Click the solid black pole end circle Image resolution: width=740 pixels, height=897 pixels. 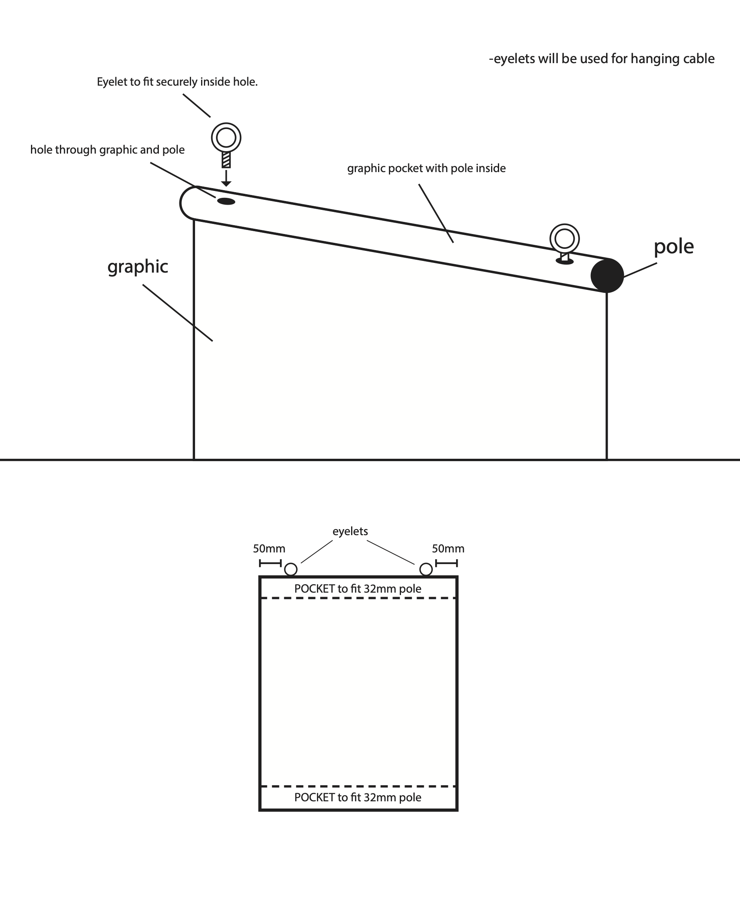click(607, 275)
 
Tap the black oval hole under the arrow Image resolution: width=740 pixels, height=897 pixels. click(226, 201)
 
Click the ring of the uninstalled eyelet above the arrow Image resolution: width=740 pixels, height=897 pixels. click(226, 127)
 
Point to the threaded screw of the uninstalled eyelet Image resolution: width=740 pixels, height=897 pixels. click(226, 160)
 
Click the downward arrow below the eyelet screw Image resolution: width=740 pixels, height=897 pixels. click(226, 178)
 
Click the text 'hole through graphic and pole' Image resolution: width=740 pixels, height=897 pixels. click(107, 150)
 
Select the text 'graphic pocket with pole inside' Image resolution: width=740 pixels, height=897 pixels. click(426, 168)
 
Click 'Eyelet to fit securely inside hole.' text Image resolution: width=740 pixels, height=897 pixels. click(177, 82)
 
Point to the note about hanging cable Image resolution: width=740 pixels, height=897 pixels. click(602, 59)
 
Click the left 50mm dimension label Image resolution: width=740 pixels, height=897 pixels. click(269, 548)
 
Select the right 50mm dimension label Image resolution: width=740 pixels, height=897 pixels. click(448, 548)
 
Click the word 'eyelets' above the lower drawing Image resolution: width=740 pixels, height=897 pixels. click(350, 532)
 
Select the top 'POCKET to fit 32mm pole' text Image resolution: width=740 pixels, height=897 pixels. click(358, 589)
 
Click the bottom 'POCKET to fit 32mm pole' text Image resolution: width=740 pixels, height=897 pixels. click(358, 797)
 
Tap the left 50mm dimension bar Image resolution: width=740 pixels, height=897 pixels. click(270, 563)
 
